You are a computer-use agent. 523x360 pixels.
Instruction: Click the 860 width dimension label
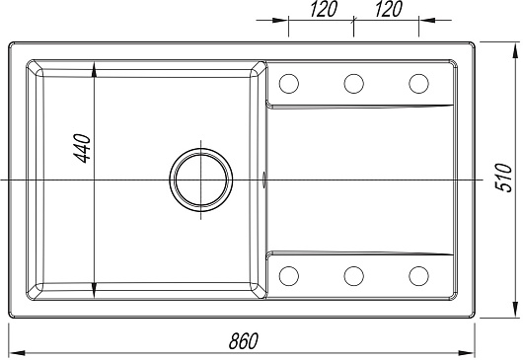click(x=244, y=340)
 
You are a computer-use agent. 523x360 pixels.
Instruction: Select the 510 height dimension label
click(x=503, y=178)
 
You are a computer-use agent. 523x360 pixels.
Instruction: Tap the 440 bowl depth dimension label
click(x=82, y=148)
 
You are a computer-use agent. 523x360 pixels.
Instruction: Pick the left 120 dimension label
click(x=324, y=9)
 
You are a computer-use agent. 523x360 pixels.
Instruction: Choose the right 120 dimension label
click(x=388, y=9)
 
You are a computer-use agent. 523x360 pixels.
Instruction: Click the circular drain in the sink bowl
click(x=200, y=180)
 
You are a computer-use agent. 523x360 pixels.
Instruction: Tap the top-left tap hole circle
click(x=289, y=83)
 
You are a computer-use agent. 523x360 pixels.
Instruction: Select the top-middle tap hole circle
click(x=353, y=83)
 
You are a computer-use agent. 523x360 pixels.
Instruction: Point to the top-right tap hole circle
click(x=418, y=83)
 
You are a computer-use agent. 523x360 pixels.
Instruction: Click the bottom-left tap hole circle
click(x=289, y=276)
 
